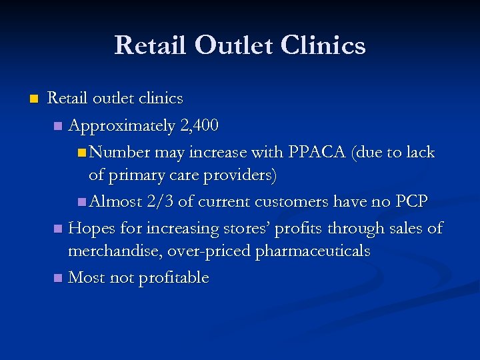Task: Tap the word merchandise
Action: click(113, 251)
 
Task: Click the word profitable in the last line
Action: click(173, 277)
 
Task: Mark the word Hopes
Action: click(89, 228)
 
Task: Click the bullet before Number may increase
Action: click(81, 153)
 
